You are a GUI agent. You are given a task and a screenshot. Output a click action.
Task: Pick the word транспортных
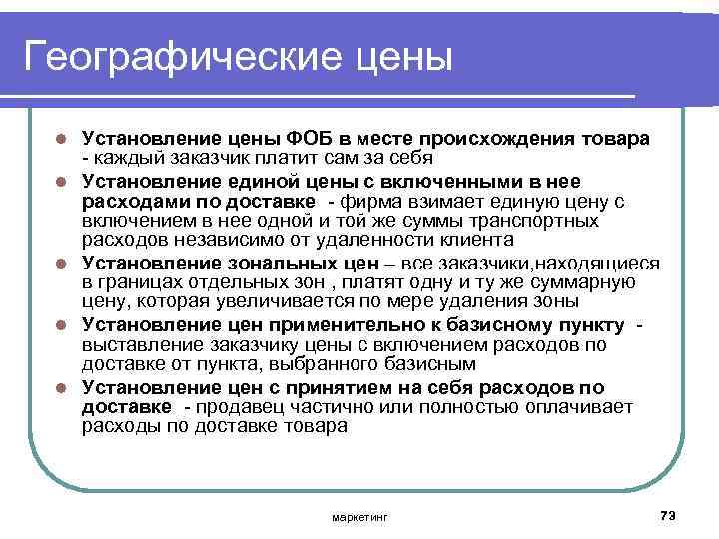coord(538,221)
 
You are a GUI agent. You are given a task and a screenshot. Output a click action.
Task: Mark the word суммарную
coord(589,283)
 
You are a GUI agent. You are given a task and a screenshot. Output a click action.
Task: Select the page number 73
coord(668,515)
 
